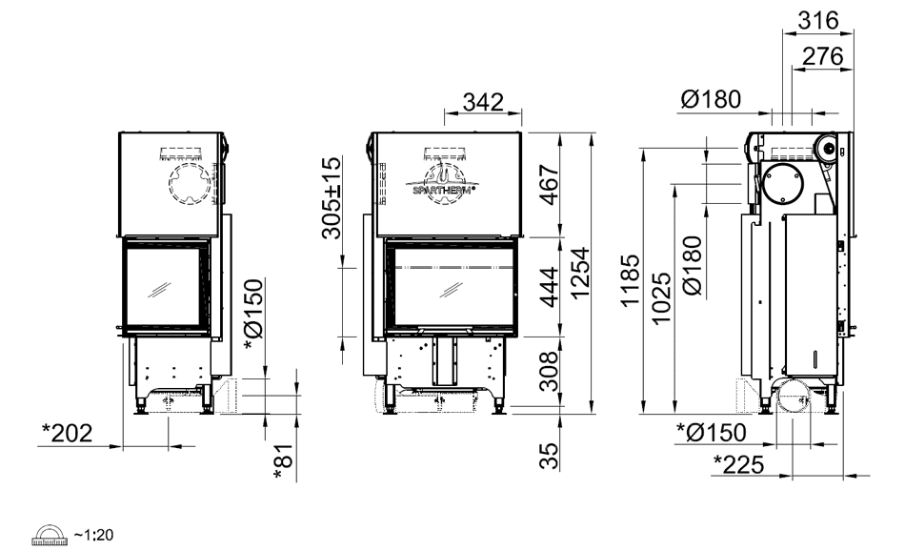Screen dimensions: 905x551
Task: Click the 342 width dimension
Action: [x=483, y=102]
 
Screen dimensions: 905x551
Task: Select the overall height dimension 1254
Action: [x=580, y=273]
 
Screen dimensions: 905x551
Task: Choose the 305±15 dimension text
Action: [x=332, y=198]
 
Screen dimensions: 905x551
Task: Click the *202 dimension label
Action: [x=67, y=433]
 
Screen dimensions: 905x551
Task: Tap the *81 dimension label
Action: [x=285, y=462]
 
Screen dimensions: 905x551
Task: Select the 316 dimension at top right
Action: [x=818, y=21]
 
